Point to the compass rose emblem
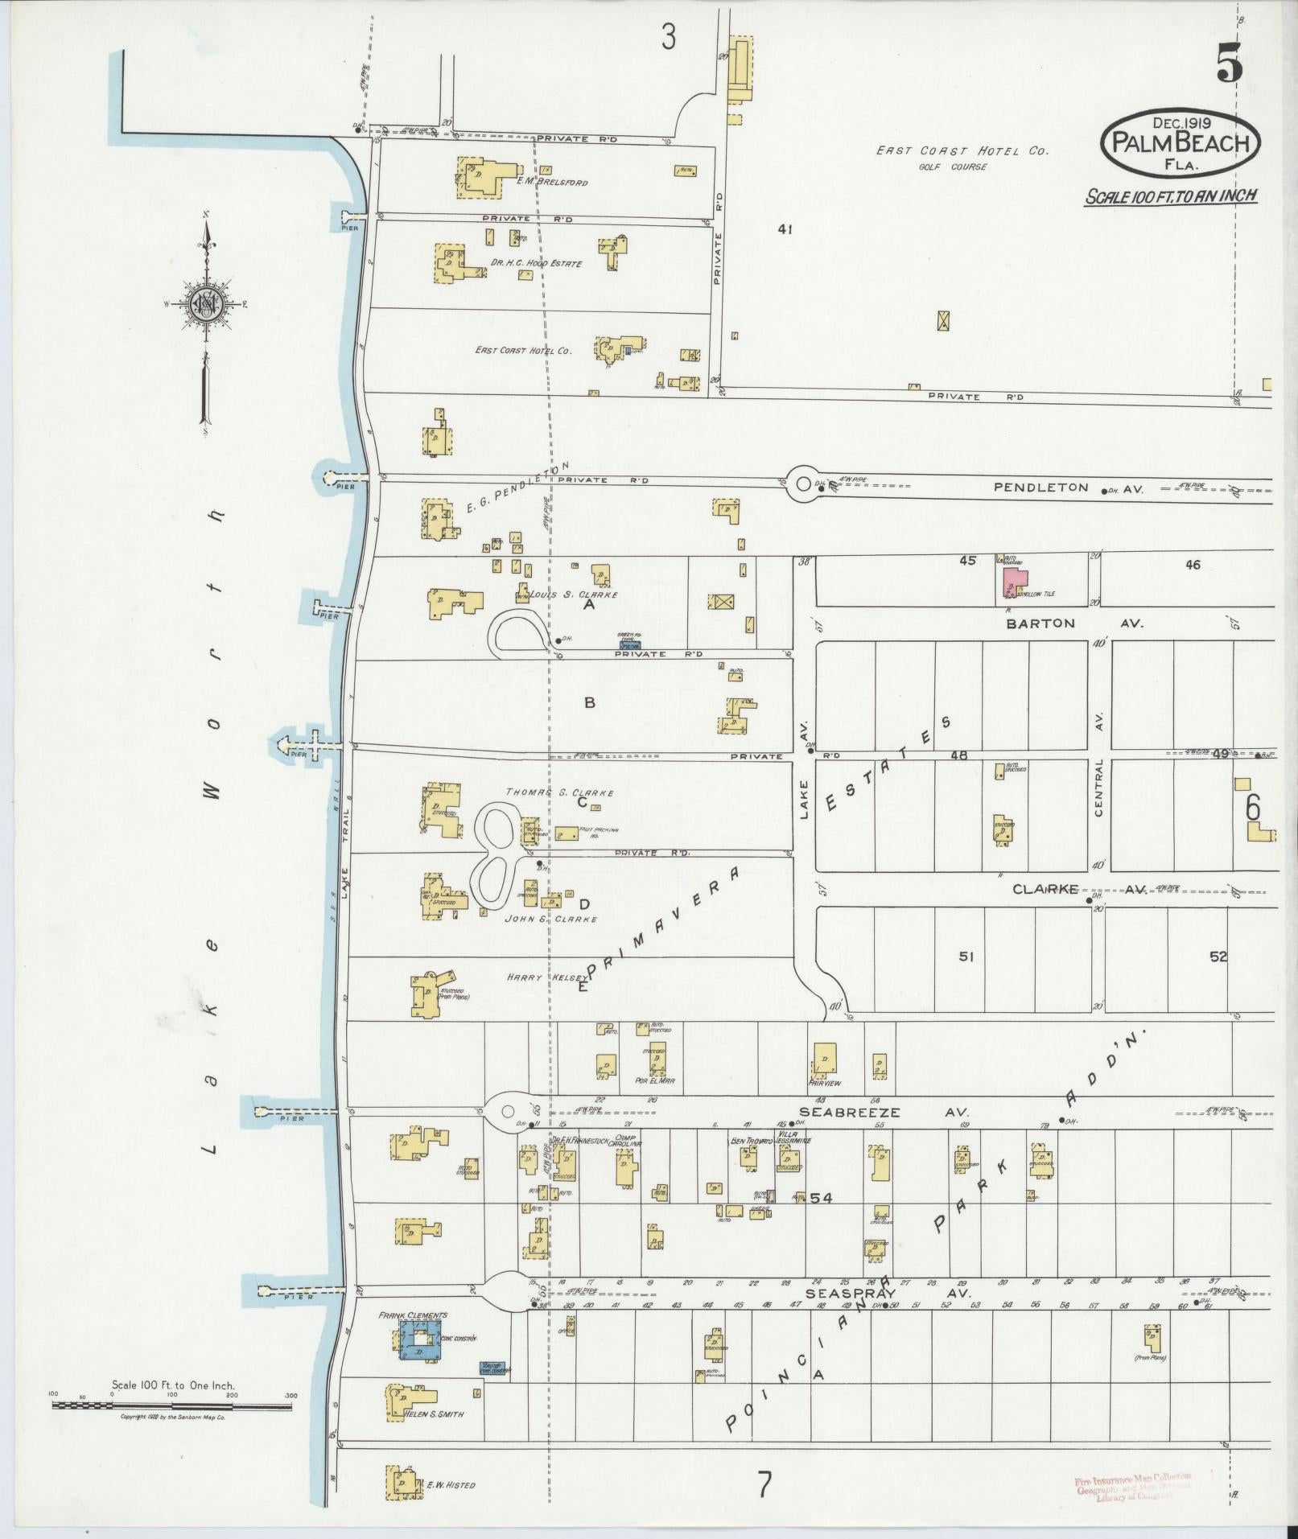[x=206, y=303]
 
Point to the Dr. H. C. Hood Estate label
[x=536, y=263]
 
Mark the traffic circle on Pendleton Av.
[x=802, y=484]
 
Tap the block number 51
[x=966, y=957]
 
